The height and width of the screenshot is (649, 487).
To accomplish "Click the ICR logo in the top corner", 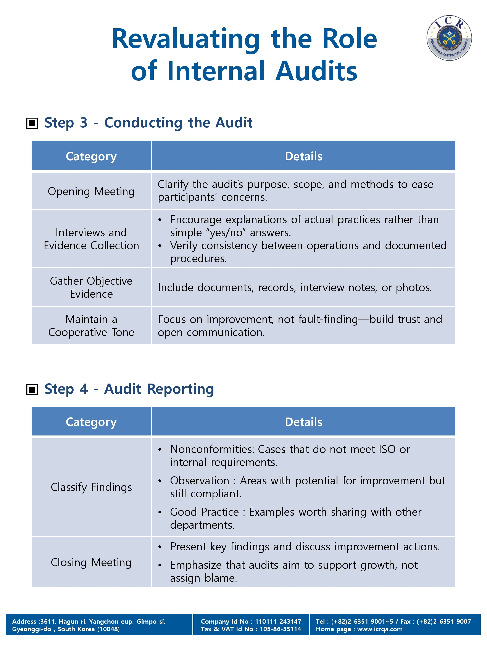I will point(449,38).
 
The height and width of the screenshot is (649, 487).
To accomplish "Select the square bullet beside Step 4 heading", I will point(32,389).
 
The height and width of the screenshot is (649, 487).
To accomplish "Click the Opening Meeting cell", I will point(91,191).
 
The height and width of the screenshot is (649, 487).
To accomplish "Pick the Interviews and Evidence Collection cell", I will point(91,239).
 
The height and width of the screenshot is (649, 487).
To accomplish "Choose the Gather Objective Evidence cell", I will point(91,287).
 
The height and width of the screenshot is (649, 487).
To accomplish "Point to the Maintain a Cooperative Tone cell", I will point(91,325).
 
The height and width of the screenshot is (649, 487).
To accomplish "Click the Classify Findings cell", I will point(91,487).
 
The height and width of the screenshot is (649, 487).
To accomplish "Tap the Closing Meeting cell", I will point(91,562).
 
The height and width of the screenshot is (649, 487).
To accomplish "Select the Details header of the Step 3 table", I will point(303,156).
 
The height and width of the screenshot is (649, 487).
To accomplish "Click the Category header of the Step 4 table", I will point(91,422).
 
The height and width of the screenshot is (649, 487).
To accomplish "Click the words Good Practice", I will point(204,512).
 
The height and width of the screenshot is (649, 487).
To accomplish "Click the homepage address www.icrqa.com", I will point(380,629).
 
